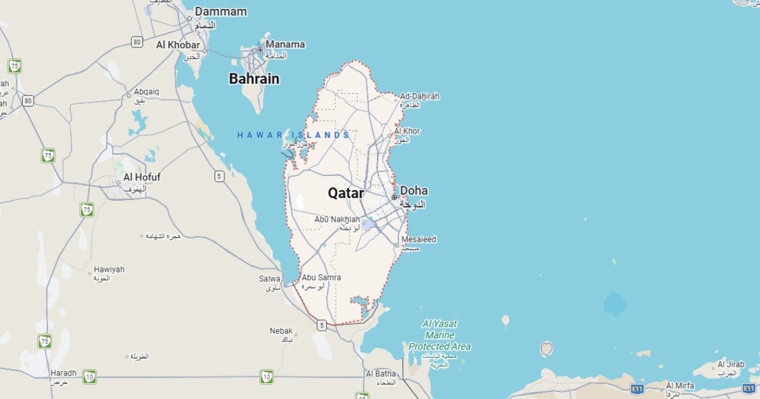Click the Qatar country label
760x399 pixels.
click(x=346, y=193)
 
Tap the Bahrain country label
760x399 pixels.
click(x=254, y=79)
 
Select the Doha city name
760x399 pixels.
click(x=414, y=191)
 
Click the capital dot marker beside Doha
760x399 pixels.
click(x=394, y=198)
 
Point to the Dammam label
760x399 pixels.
click(x=220, y=11)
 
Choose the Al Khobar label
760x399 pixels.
click(x=178, y=45)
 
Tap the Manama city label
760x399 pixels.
click(x=285, y=44)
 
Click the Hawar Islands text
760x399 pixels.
click(x=293, y=135)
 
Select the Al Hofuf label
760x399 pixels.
click(x=142, y=177)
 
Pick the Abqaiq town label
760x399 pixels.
click(x=146, y=92)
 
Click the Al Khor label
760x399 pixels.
click(x=407, y=131)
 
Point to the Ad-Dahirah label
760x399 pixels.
click(x=419, y=96)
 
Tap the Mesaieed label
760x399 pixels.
click(x=419, y=239)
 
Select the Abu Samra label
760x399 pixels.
click(x=321, y=277)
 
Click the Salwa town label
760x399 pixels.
click(x=270, y=279)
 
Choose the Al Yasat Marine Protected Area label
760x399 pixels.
click(x=440, y=335)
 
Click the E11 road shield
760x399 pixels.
click(x=637, y=388)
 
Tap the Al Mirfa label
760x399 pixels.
click(x=680, y=385)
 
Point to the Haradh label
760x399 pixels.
click(x=63, y=373)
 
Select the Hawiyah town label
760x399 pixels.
click(x=109, y=269)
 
